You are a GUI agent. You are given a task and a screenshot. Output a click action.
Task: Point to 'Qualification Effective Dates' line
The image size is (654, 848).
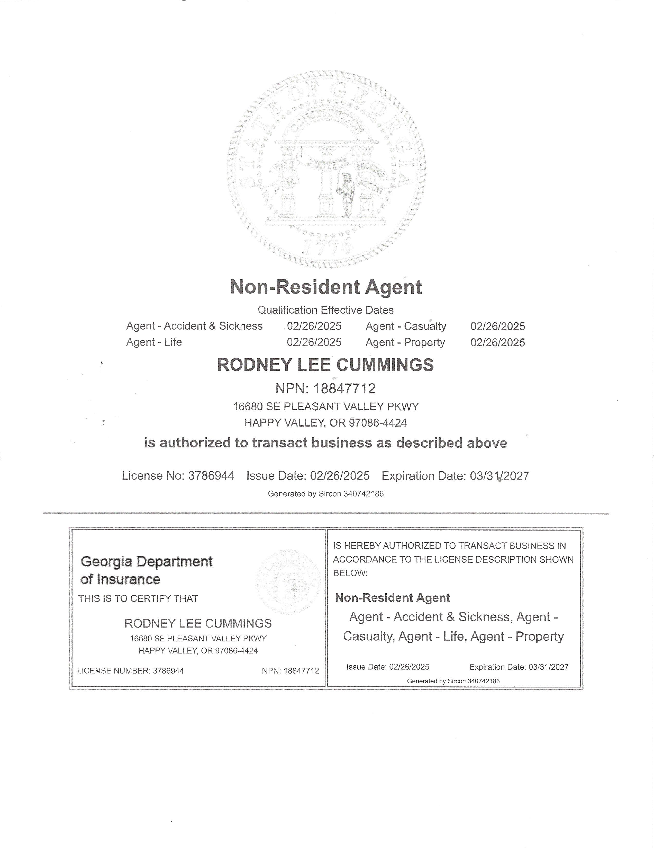point(326,310)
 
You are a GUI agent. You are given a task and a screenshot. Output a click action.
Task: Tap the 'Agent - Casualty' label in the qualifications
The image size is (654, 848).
point(406,326)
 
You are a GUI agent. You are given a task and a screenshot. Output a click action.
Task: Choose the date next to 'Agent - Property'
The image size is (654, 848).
point(498,342)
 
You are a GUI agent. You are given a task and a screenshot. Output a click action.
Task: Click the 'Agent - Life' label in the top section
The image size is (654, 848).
point(154,342)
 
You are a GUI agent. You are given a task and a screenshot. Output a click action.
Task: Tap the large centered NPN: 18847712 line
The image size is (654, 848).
point(325,388)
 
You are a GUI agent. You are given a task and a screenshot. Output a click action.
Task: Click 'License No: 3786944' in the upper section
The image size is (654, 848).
point(178,476)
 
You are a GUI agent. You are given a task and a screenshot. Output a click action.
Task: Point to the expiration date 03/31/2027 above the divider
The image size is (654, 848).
point(499,476)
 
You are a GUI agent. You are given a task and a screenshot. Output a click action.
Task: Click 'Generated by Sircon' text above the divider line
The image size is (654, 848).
point(326,494)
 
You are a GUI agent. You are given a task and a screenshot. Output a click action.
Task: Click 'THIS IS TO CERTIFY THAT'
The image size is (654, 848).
point(138,598)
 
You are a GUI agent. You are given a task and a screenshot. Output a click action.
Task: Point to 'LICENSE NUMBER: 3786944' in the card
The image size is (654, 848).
point(130,670)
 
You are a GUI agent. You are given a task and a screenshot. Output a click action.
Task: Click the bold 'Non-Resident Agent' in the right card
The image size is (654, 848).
point(393,598)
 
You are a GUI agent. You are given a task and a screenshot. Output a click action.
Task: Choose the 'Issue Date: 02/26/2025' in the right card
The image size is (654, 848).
point(388,667)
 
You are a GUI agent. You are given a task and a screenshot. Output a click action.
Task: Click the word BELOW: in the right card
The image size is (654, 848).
point(350,573)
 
